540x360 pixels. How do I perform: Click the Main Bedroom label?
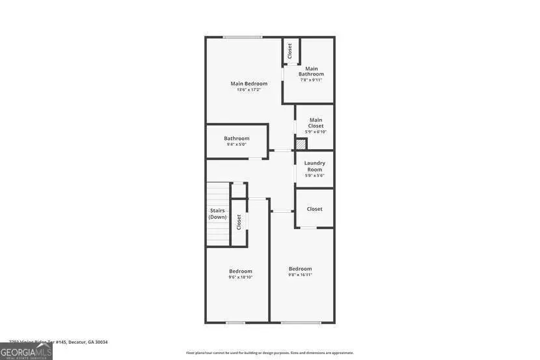(249, 83)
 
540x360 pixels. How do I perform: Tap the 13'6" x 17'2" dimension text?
(249, 90)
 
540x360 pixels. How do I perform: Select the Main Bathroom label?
(311, 71)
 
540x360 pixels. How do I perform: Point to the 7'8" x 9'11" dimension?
(311, 80)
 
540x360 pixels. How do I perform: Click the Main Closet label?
(316, 122)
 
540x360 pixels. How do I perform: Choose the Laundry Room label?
(315, 166)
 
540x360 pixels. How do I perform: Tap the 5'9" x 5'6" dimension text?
(315, 175)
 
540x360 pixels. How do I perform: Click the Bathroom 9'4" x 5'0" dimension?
(236, 145)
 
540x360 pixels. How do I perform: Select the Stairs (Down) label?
(218, 214)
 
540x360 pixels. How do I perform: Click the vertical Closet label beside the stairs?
(239, 222)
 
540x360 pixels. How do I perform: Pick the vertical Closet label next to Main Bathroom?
(290, 51)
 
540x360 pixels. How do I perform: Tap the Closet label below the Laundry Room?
(314, 209)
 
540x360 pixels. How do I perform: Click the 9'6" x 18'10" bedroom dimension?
(240, 277)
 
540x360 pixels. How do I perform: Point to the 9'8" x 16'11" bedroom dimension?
(301, 275)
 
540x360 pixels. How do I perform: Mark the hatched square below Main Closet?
(301, 145)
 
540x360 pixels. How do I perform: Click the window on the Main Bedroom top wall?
(242, 37)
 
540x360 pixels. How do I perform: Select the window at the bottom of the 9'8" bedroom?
(301, 322)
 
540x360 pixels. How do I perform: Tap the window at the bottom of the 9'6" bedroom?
(236, 322)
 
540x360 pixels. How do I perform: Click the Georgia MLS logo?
(26, 352)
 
